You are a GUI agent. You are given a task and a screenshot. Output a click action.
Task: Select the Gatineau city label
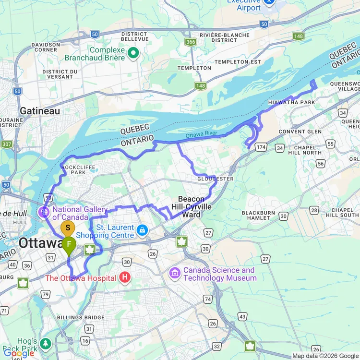[x=40, y=111]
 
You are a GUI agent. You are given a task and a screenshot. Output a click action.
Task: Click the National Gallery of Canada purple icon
[x=44, y=212]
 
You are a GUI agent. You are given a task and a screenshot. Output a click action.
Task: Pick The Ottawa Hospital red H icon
[x=125, y=277]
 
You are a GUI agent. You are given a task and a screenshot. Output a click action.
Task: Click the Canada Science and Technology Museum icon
[x=175, y=274]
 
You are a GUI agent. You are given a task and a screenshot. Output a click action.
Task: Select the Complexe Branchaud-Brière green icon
[x=133, y=53]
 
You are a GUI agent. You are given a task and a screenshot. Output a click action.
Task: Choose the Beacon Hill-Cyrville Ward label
[x=191, y=207]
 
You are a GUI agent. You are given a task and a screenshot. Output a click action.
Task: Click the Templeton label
[x=194, y=68]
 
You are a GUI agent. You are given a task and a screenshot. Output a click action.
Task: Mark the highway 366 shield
[x=191, y=42]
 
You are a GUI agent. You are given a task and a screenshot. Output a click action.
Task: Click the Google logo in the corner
[x=19, y=354]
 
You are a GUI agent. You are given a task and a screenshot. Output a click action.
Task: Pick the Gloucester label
[x=215, y=179]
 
